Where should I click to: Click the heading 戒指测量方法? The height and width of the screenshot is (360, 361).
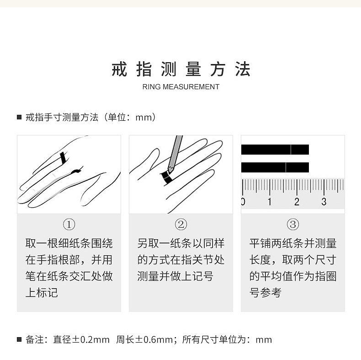click(180, 70)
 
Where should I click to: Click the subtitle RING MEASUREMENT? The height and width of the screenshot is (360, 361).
click(180, 87)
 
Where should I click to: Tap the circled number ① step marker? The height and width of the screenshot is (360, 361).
click(69, 225)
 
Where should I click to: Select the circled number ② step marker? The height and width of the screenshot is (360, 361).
click(181, 225)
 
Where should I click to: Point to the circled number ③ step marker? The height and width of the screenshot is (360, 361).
click(292, 225)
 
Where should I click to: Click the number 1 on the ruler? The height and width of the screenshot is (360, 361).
click(270, 202)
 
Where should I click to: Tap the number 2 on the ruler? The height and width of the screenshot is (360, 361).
click(297, 202)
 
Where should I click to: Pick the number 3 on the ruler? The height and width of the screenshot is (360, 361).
click(324, 202)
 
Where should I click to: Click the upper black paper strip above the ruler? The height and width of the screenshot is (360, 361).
click(275, 150)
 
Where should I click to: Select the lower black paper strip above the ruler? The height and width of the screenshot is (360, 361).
click(275, 167)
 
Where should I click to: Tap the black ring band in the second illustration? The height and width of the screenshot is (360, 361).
click(165, 177)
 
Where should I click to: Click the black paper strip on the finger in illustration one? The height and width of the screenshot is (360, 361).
click(64, 158)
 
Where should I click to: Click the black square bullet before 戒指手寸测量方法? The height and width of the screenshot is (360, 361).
click(19, 118)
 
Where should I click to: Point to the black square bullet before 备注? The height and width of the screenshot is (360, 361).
click(19, 339)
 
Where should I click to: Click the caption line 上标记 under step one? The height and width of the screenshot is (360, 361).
click(42, 292)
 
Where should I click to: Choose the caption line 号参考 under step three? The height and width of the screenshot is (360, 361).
click(265, 292)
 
